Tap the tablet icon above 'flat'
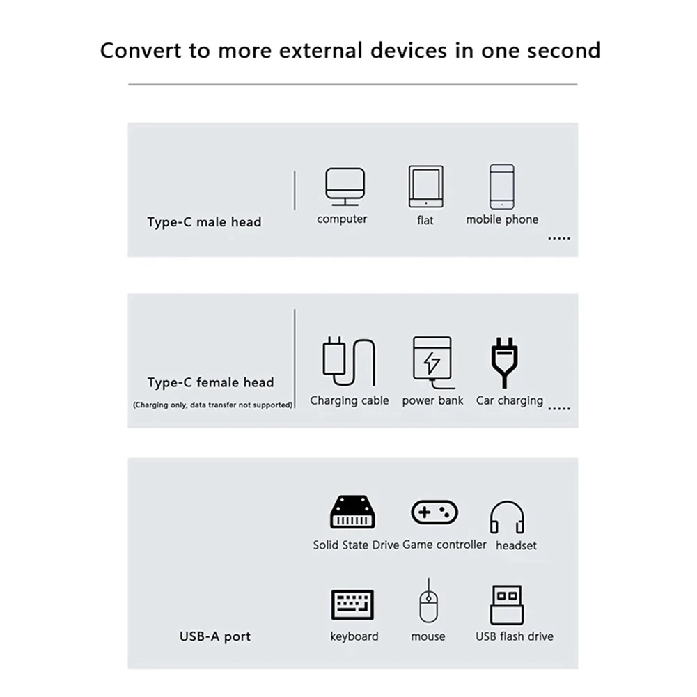[x=425, y=187]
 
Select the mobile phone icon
[x=502, y=187]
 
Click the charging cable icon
[x=349, y=361]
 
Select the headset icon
[x=507, y=517]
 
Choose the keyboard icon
[x=352, y=604]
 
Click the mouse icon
[x=428, y=603]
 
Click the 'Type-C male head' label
[x=204, y=222]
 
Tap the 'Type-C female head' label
[x=210, y=382]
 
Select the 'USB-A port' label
[x=214, y=636]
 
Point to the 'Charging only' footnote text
[x=212, y=405]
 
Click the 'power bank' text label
[x=432, y=400]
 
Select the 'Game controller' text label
[x=444, y=545]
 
